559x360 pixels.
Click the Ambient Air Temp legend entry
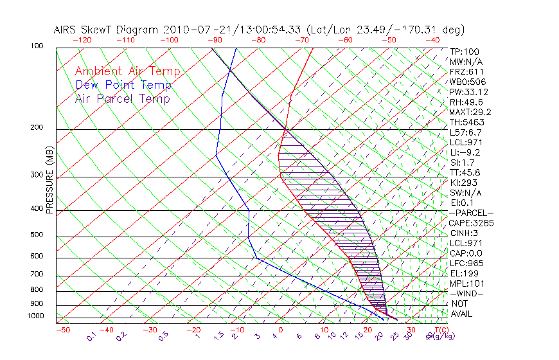tap(127, 71)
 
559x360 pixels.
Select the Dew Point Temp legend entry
tap(123, 85)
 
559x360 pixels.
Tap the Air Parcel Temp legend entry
tap(122, 98)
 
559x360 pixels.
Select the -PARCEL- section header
tap(471, 213)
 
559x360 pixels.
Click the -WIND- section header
tap(466, 293)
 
